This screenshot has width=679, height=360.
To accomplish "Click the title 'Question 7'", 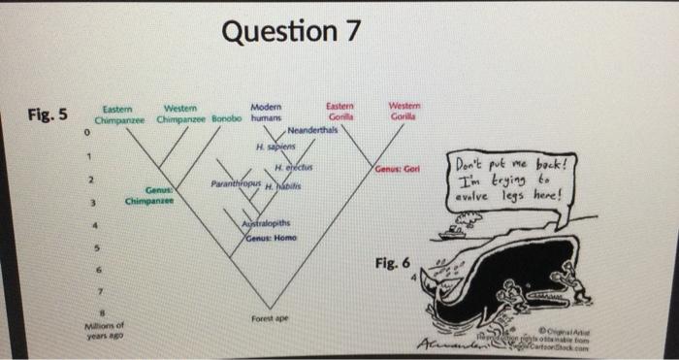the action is pos(291,32).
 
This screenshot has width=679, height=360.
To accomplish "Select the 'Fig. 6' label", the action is pos(393,262).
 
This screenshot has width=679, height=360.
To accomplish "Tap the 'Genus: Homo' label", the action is pos(269,239).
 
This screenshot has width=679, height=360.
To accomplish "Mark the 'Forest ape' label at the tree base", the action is pos(266,317).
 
